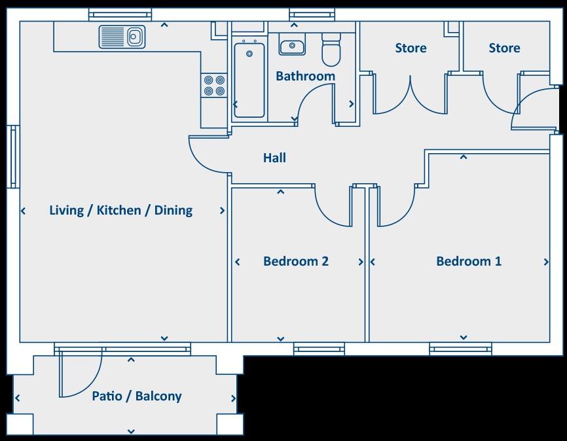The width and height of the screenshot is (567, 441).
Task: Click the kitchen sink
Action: click(122, 37)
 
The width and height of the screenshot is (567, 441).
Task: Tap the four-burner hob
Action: click(214, 86)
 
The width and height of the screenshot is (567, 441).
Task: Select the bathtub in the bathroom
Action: click(249, 79)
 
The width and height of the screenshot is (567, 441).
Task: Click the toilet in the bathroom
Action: click(331, 50)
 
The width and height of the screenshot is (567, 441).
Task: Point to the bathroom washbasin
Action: click(291, 47)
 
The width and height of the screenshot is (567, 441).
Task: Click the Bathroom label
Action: click(305, 76)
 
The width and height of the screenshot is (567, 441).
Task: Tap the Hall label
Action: click(274, 158)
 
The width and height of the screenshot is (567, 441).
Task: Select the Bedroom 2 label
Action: click(295, 261)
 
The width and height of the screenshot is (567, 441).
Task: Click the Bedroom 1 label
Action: click(469, 261)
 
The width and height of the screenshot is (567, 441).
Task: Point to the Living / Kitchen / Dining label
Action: click(121, 210)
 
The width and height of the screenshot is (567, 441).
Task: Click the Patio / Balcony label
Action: click(136, 396)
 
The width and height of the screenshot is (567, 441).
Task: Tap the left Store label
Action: click(411, 48)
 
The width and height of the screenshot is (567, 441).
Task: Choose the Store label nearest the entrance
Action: click(504, 48)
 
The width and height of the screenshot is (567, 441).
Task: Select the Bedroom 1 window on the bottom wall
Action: click(460, 349)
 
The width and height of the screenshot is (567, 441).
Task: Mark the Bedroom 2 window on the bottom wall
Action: click(319, 349)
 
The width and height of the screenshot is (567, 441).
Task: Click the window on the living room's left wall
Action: click(12, 156)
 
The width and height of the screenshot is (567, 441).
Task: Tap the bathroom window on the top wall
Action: click(311, 14)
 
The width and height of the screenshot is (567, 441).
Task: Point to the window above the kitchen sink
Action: click(120, 14)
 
